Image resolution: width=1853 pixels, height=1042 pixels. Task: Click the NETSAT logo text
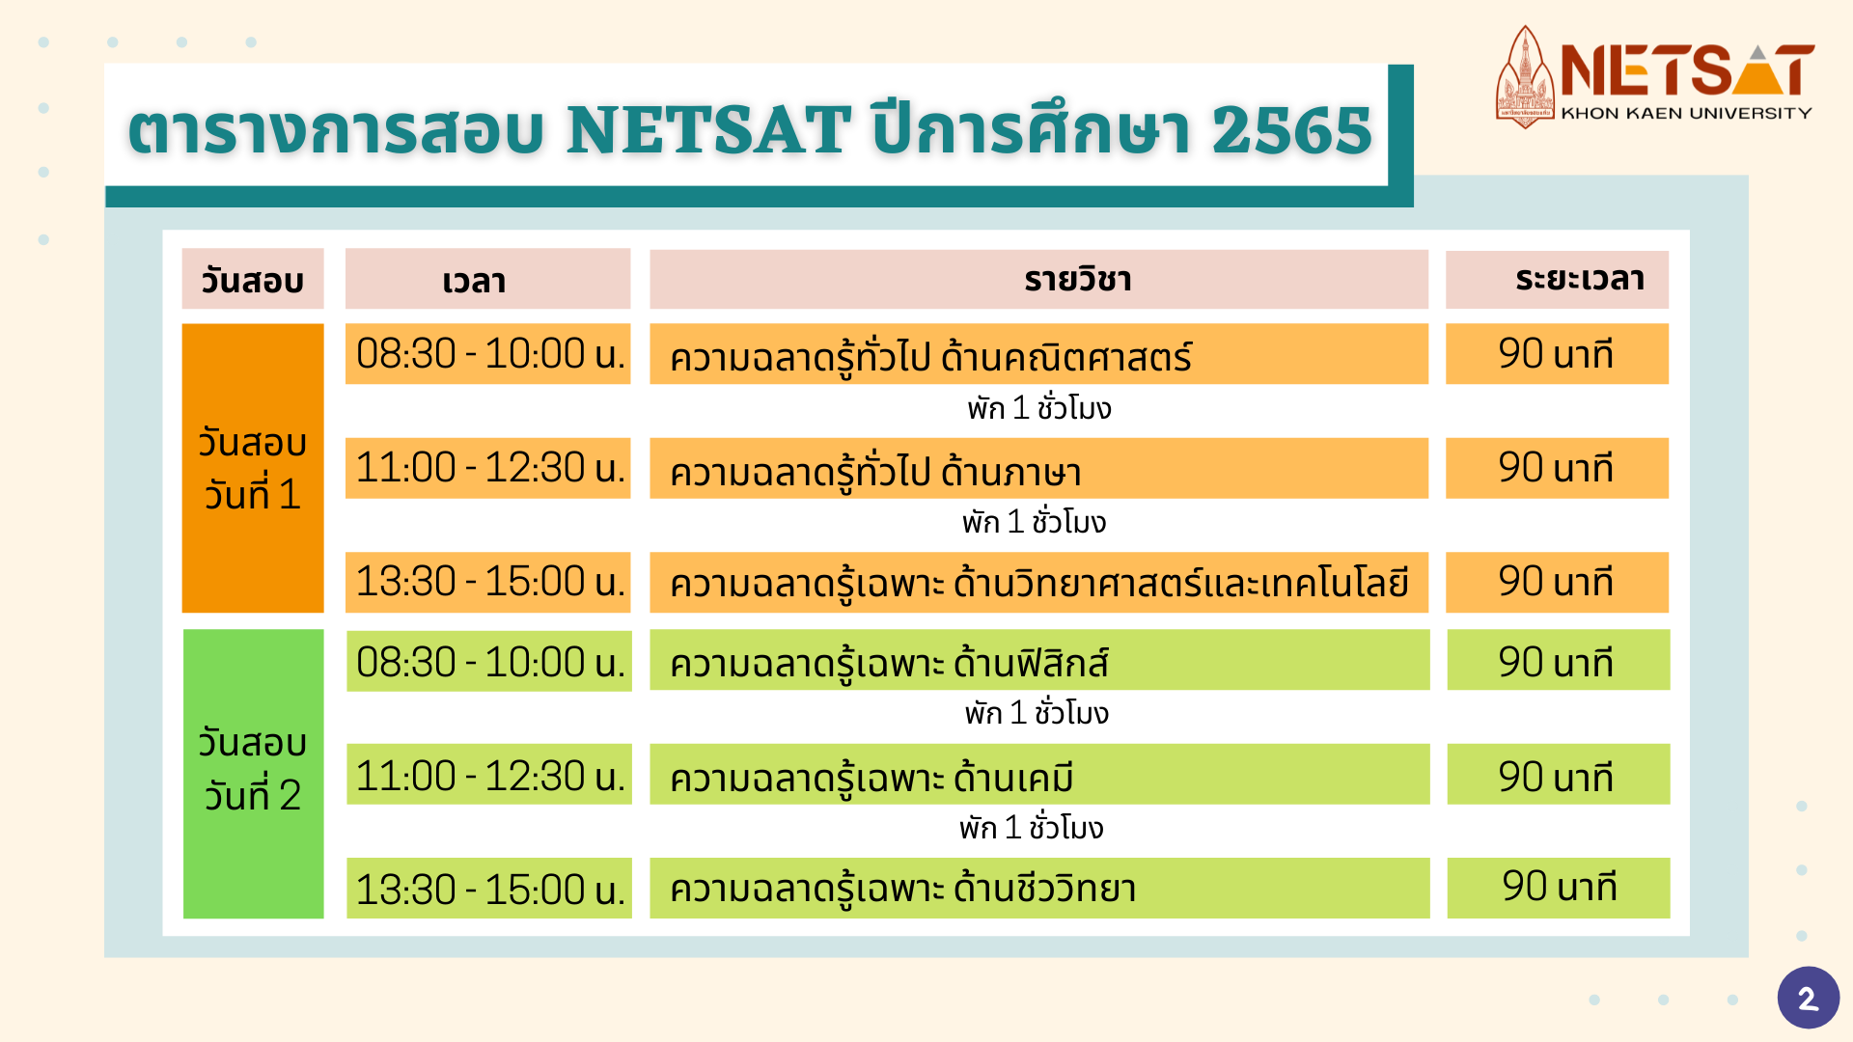(1687, 70)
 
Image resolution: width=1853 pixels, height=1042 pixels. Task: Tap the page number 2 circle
(1808, 998)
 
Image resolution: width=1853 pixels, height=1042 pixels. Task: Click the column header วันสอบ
(253, 280)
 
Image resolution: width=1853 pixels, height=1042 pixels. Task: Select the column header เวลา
(487, 280)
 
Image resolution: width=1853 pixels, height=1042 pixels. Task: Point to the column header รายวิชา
(1038, 280)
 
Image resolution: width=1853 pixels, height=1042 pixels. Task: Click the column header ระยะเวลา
(1557, 280)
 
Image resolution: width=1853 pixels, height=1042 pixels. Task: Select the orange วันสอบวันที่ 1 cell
(253, 468)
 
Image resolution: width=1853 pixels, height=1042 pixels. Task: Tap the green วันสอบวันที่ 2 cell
(253, 773)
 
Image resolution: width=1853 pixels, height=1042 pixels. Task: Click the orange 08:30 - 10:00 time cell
(487, 354)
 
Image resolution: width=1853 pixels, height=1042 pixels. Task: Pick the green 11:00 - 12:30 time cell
(488, 775)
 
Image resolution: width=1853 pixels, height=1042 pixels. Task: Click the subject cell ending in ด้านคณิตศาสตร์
(1038, 354)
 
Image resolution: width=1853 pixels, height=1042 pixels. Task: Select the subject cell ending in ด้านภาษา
(1038, 469)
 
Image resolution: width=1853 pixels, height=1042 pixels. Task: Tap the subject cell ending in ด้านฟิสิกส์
(1039, 661)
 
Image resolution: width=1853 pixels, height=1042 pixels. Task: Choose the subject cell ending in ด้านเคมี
(1039, 775)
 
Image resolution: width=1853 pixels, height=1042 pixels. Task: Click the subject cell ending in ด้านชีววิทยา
(1039, 889)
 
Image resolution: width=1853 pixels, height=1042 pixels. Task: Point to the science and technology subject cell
(1038, 583)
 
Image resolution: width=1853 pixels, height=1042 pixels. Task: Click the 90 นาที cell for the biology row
(1558, 888)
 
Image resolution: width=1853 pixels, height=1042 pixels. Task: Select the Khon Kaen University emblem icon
(1525, 77)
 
